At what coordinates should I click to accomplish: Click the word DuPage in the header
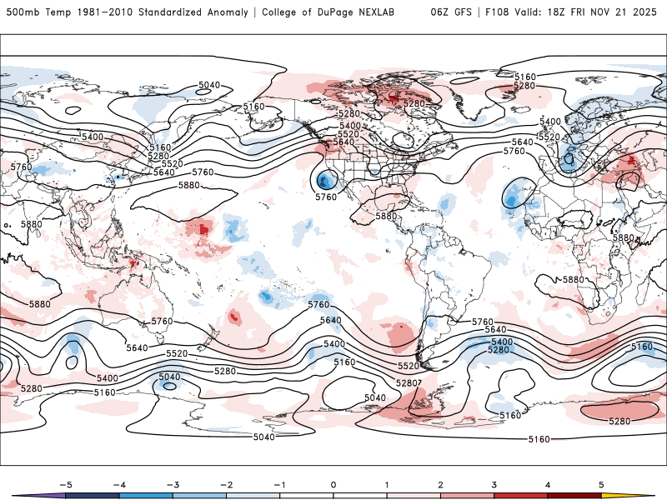point(349,12)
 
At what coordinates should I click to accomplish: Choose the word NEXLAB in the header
point(395,12)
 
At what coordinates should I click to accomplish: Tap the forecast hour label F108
point(496,12)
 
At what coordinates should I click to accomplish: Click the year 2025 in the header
point(644,12)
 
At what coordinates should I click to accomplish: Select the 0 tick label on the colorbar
point(333,484)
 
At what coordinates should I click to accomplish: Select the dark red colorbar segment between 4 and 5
point(575,496)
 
